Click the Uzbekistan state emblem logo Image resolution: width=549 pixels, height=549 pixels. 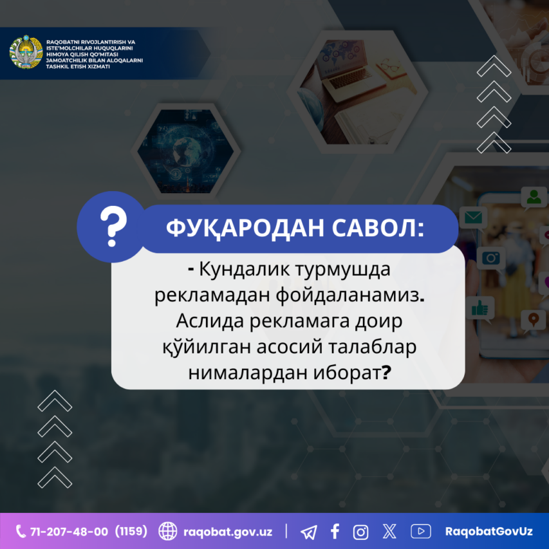pos(26,52)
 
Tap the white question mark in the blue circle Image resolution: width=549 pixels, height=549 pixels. pos(113,226)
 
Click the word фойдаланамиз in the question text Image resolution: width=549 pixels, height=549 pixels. pos(348,296)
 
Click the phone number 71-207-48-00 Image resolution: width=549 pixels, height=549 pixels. pos(69,532)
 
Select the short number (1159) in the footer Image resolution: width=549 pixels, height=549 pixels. pos(131,531)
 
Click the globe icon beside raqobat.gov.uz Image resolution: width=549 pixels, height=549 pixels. pos(168,531)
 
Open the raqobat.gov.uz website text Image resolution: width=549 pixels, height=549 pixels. pos(228,532)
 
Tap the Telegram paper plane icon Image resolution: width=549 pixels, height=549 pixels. pos(309,532)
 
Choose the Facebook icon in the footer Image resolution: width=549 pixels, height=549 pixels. pos(335,531)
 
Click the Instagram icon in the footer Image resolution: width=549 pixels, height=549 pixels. pos(360,532)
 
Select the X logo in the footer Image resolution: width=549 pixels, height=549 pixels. pos(389,531)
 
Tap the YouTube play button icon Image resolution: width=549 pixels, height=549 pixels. pos(420,531)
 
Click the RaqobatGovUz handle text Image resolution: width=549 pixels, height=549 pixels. pos(489,532)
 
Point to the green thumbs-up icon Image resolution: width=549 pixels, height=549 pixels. pos(479,308)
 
